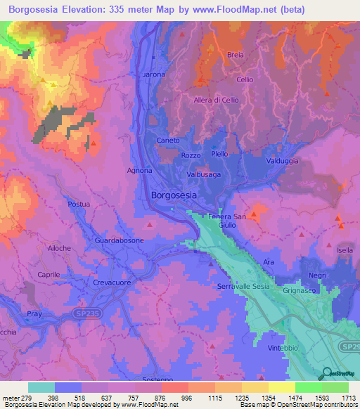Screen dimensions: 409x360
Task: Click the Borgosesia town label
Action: pos(174,197)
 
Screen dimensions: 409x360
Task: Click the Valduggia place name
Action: pos(281,161)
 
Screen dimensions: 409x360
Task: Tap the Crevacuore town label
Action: pos(113,283)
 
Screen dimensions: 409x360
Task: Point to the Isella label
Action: pos(345,251)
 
